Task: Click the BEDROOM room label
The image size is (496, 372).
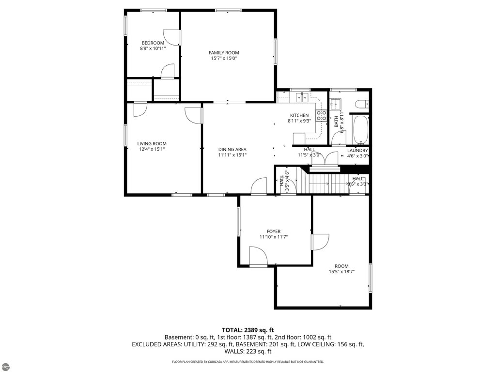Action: tap(153, 43)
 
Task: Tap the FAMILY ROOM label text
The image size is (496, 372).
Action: tap(224, 53)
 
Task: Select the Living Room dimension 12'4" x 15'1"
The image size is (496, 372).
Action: tap(152, 149)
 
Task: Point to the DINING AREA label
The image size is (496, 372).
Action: tap(232, 150)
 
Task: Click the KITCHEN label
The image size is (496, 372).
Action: tap(299, 115)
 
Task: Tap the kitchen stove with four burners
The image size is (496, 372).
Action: tap(322, 115)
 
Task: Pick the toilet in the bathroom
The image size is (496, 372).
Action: tap(361, 104)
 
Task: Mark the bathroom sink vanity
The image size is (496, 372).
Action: tap(335, 104)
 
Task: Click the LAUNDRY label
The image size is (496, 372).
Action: tap(357, 151)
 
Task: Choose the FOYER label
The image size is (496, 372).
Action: tap(273, 232)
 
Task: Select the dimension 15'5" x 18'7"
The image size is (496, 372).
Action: tap(341, 272)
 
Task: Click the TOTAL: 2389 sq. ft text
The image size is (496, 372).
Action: tap(248, 330)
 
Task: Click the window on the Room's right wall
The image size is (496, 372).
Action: tap(370, 278)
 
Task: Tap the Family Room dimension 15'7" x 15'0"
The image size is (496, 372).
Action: tap(224, 59)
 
